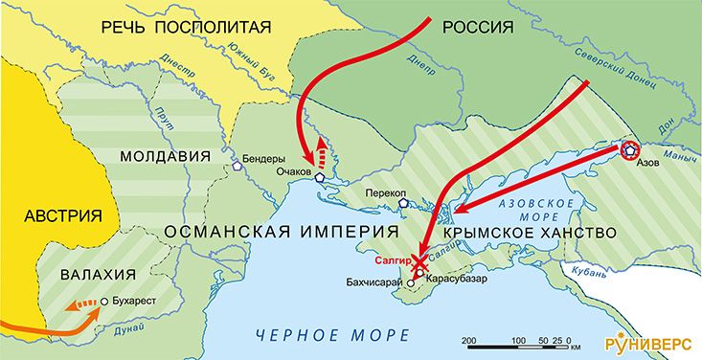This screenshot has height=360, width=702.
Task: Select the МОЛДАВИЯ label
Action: [x=165, y=156]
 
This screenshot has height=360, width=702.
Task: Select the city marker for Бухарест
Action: [x=103, y=301]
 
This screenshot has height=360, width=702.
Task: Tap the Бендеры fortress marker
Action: [x=236, y=165]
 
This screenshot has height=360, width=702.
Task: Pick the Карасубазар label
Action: [x=458, y=279]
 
